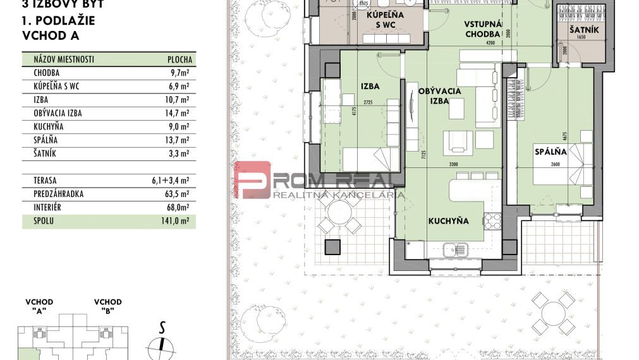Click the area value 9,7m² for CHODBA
[x=180, y=73]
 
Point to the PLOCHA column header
[x=180, y=59]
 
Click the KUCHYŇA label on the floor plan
[x=448, y=221]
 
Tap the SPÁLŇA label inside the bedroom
[x=550, y=152]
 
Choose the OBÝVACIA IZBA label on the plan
[x=440, y=95]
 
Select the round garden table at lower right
[x=554, y=312]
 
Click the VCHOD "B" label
[x=107, y=306]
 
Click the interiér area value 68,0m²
[x=180, y=207]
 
